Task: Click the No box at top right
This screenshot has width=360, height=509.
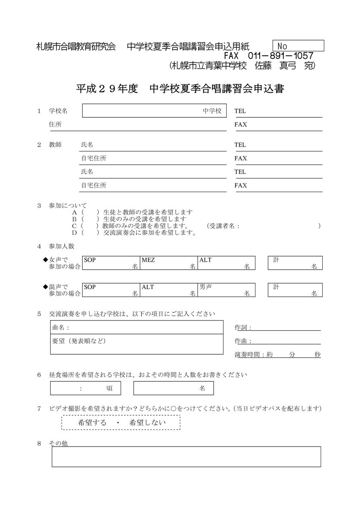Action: pyautogui.click(x=298, y=46)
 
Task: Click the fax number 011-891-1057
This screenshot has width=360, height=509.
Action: pyautogui.click(x=280, y=56)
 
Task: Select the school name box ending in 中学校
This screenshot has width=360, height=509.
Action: pyautogui.click(x=154, y=111)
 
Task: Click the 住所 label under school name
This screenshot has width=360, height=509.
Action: pyautogui.click(x=55, y=124)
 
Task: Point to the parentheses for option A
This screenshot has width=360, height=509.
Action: pyautogui.click(x=90, y=212)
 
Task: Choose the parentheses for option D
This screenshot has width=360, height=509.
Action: pyautogui.click(x=90, y=233)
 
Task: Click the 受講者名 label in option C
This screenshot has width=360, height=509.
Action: pyautogui.click(x=223, y=226)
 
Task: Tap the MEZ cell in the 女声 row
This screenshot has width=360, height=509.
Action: pyautogui.click(x=169, y=263)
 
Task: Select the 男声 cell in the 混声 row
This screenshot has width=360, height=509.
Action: pyautogui.click(x=226, y=290)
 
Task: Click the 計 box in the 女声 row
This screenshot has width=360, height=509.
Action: pyautogui.click(x=295, y=263)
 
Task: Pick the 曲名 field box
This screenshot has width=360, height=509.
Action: pyautogui.click(x=136, y=327)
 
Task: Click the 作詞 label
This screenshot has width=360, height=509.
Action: pyautogui.click(x=243, y=328)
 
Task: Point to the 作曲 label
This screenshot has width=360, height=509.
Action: pyautogui.click(x=243, y=341)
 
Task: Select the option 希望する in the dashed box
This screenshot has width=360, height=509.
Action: pyautogui.click(x=92, y=423)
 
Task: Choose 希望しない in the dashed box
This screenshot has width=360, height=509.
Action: pyautogui.click(x=148, y=423)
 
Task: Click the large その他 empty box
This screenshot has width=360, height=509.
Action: pyautogui.click(x=186, y=457)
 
